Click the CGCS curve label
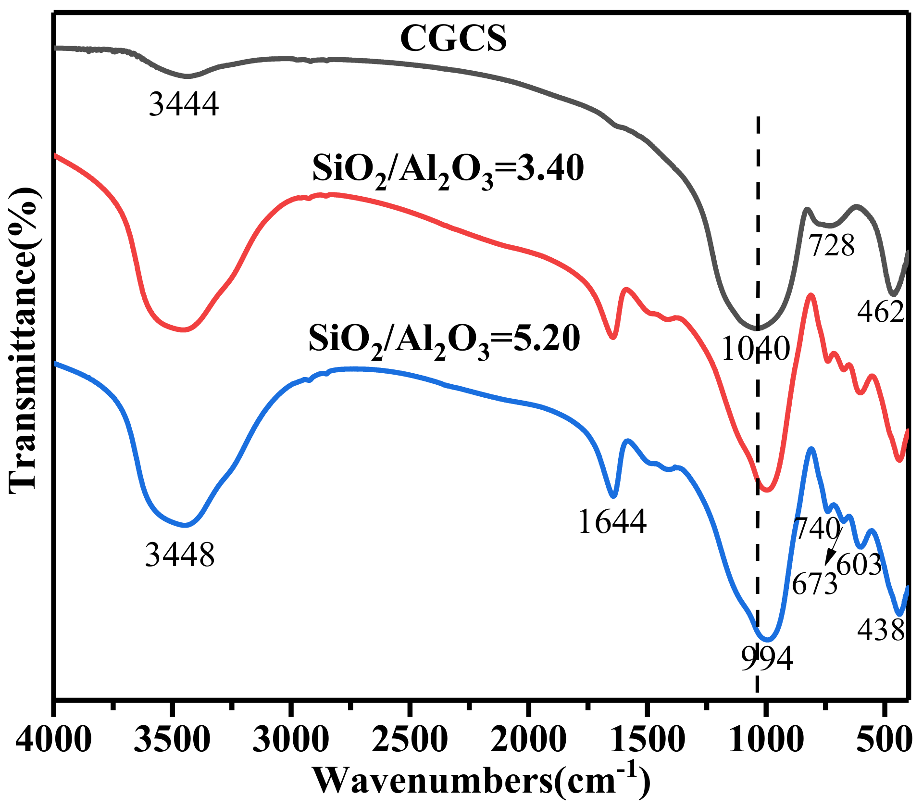tap(453, 38)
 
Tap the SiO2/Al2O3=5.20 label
tap(444, 340)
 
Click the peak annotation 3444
tap(184, 104)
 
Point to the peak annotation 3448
tap(180, 555)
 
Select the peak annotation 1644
tap(612, 521)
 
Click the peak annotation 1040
tap(756, 348)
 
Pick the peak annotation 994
tap(767, 658)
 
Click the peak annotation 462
tap(881, 312)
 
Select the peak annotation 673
tap(814, 584)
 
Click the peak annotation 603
tap(859, 564)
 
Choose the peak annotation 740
tap(817, 529)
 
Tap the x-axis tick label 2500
tap(410, 739)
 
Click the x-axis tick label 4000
tap(54, 739)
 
